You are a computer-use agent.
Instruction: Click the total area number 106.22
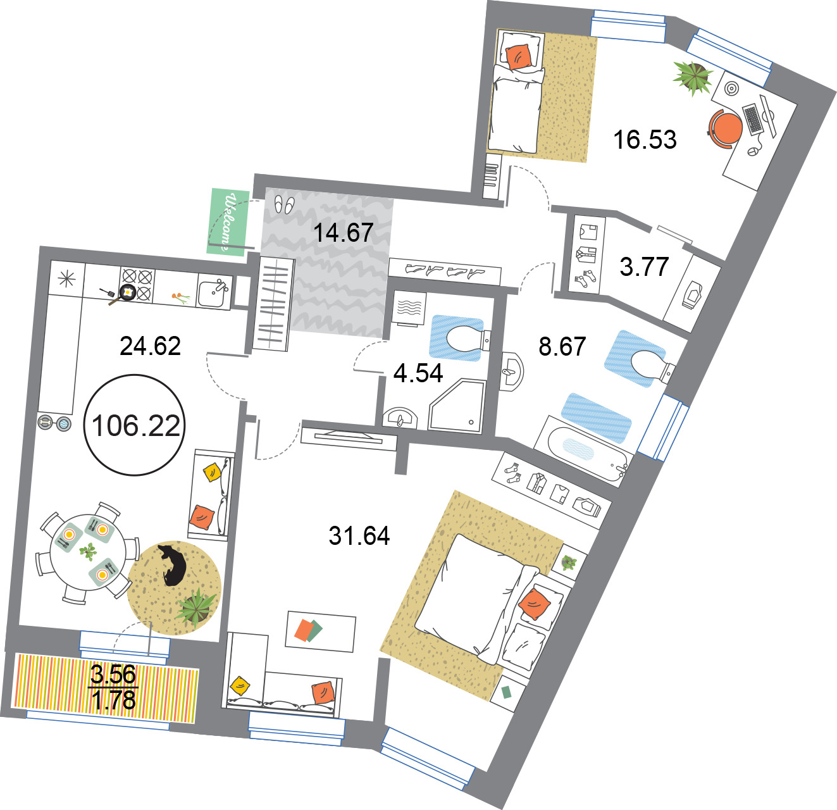click(136, 426)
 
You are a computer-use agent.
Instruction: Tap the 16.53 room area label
click(645, 139)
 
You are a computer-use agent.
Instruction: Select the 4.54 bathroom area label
click(418, 373)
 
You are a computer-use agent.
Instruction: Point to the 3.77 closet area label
click(644, 266)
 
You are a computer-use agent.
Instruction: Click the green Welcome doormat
click(228, 222)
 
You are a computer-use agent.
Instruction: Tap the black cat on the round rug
click(173, 565)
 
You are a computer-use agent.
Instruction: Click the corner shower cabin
click(457, 405)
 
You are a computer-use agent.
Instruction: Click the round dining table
click(88, 552)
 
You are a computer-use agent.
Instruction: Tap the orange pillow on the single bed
click(518, 56)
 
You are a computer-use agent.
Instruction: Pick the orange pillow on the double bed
click(534, 604)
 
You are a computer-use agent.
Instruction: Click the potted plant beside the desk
click(693, 77)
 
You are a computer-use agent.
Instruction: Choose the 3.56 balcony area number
click(113, 674)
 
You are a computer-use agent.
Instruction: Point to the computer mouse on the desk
click(753, 151)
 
